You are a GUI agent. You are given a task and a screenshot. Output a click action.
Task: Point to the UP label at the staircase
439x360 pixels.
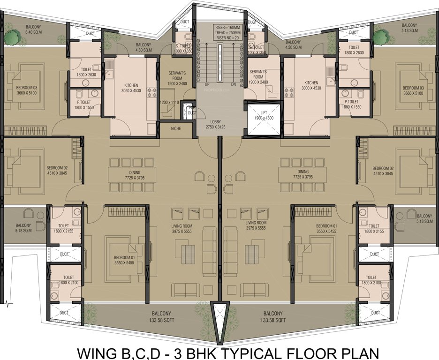pyautogui.click(x=207, y=85)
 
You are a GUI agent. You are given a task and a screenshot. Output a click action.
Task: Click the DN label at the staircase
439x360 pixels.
pyautogui.click(x=233, y=85)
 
